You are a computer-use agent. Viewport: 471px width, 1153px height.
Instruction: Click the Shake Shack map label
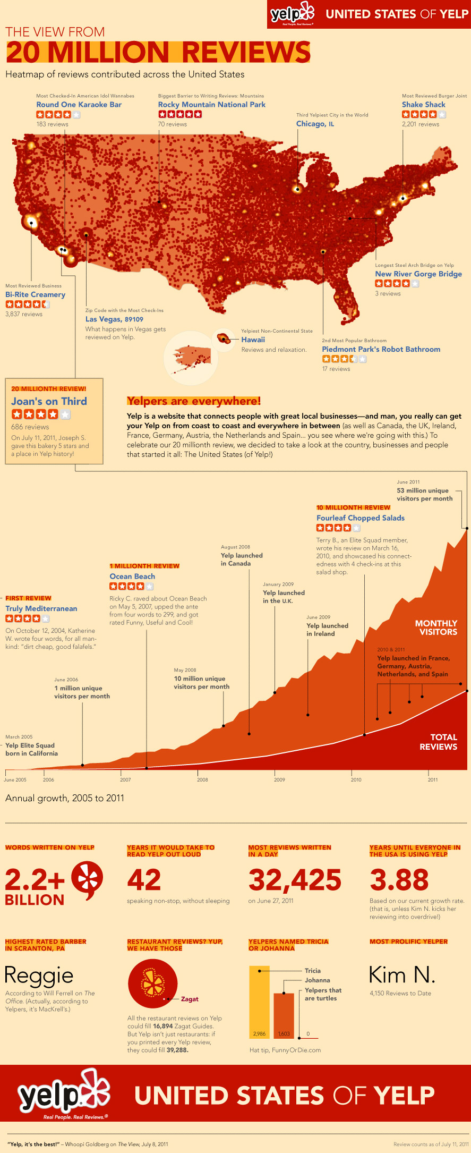[423, 105]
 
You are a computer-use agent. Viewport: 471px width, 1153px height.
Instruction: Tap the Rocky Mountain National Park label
[211, 105]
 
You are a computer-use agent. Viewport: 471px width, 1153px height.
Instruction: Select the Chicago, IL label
[315, 124]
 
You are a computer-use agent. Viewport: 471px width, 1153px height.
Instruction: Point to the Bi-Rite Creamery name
[35, 294]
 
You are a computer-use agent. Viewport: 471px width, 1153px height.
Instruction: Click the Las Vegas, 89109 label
[114, 319]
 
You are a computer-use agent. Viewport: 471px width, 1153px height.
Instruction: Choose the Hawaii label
[253, 340]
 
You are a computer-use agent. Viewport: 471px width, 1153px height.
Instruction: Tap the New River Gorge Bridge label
[418, 274]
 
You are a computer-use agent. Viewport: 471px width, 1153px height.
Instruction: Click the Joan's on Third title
[49, 402]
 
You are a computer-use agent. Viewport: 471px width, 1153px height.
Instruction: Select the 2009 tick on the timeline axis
[279, 779]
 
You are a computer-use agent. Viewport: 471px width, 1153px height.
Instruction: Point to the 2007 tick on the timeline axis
[125, 779]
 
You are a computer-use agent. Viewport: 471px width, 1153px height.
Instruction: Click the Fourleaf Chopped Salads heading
[360, 518]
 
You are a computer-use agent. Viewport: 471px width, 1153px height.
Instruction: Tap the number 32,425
[295, 880]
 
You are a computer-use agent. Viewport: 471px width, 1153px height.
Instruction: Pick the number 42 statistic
[144, 880]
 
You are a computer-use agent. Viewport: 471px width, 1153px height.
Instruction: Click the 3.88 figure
[399, 880]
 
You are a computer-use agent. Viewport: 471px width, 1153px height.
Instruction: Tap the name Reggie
[39, 976]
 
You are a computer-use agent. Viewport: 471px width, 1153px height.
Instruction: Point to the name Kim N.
[402, 975]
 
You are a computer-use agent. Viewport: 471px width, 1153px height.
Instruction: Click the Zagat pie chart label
[190, 999]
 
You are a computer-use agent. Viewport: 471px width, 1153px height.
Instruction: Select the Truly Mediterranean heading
[41, 609]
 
